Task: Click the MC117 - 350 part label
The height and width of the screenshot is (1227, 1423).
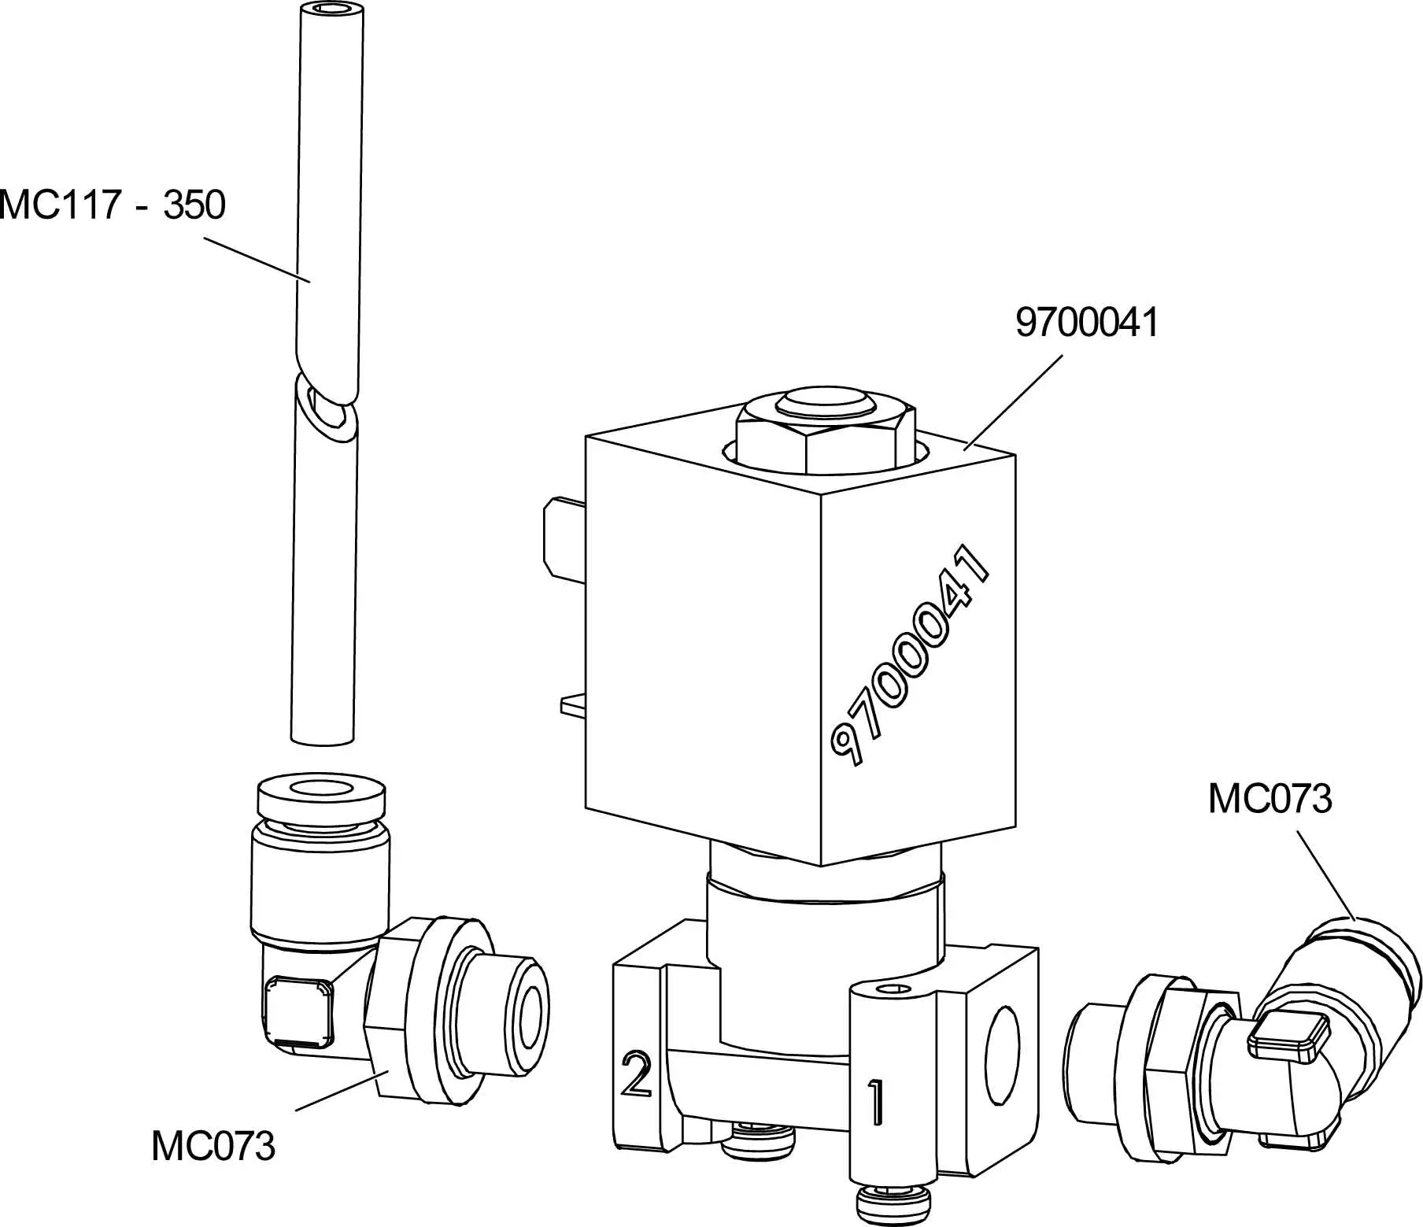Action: pos(113,205)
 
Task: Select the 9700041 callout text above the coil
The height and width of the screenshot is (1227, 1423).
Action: pos(1087,323)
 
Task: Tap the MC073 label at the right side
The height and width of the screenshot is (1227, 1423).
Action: pos(1270,799)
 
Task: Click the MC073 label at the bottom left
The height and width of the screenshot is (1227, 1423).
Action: pos(213,1146)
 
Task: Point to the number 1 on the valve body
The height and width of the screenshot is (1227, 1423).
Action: pos(875,1102)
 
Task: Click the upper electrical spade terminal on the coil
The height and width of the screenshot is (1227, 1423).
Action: pos(563,539)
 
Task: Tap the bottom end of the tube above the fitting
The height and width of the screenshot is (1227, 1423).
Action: pos(321,737)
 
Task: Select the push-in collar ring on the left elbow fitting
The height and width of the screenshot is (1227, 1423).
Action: pos(321,796)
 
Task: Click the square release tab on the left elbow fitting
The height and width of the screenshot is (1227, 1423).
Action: pos(297,1011)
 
